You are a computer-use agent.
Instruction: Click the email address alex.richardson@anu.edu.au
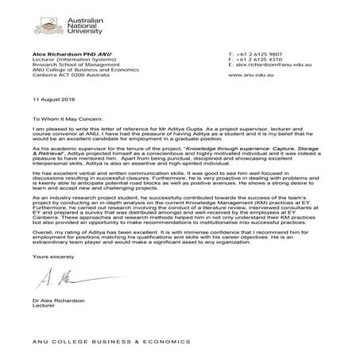pyautogui.click(x=274, y=65)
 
